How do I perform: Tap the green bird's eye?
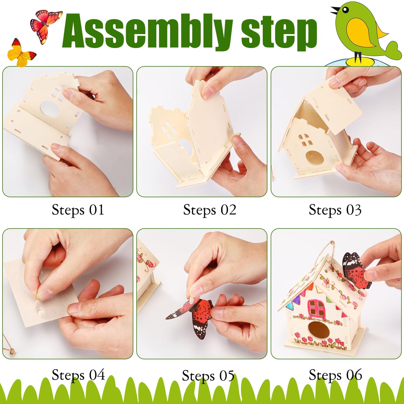point(346,10)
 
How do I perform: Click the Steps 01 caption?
point(78,210)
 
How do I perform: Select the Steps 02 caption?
point(210,210)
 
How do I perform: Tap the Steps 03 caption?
point(335,210)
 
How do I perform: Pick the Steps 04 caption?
point(78,375)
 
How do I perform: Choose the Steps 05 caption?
point(208,375)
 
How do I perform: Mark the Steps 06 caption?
point(335,375)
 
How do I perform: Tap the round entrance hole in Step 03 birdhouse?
point(315,158)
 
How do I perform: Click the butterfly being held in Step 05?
point(196,316)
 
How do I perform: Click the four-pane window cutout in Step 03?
point(305,140)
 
